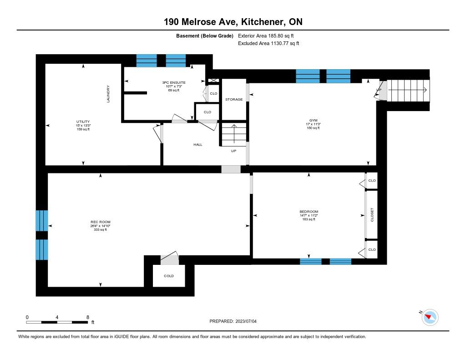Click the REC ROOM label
point(101,222)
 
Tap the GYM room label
point(313,121)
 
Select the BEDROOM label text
point(309,212)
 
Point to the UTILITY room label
point(83,122)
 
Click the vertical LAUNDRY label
point(108,94)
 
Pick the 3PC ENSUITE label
point(174,83)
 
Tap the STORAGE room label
point(234,99)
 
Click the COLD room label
point(169,276)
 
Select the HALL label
point(198,144)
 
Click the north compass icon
point(430,317)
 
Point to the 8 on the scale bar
point(88,317)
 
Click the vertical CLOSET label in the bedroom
point(372,215)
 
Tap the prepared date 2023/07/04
point(246,321)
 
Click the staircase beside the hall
point(234,135)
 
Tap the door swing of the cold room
point(170,258)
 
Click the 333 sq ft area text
point(101,229)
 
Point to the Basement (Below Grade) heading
point(205,36)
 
